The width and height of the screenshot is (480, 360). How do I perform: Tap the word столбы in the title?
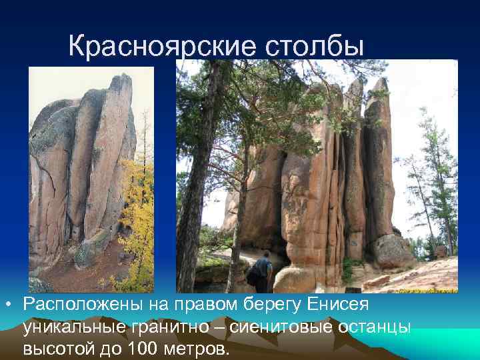click(314, 46)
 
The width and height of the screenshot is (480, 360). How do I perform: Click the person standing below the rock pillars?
click(263, 271)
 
